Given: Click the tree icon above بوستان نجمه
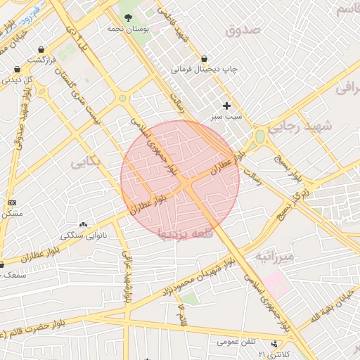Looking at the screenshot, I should [x=127, y=18].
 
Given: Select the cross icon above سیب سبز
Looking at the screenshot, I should [x=226, y=105].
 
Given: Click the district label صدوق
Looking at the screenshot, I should [x=243, y=30].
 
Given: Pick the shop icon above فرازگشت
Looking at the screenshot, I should [x=43, y=50].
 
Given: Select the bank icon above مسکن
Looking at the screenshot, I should [x=12, y=202].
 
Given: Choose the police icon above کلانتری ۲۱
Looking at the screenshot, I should [x=274, y=345].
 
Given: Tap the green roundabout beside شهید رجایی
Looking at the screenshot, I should [x=260, y=136].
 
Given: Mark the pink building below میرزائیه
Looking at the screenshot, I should [x=276, y=283].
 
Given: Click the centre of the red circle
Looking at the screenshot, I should [x=180, y=179].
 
